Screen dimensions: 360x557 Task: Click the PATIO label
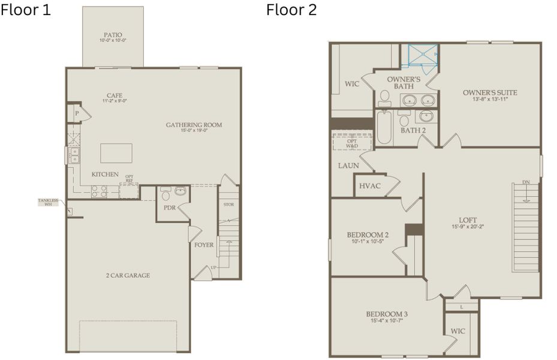click(112, 35)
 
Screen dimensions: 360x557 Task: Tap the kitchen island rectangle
click(116, 153)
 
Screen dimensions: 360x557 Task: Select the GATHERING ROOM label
click(194, 125)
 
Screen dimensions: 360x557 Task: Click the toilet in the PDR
click(166, 194)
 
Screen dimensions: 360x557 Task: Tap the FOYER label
click(204, 245)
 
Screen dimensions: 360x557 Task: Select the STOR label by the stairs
click(228, 205)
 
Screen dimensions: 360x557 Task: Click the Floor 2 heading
click(291, 10)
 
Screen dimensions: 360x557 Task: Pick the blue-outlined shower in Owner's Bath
click(423, 55)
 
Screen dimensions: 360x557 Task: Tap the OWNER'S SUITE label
click(489, 92)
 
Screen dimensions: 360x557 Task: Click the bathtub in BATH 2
click(384, 127)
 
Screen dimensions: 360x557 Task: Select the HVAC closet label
click(370, 186)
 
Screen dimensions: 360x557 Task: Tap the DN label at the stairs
click(526, 182)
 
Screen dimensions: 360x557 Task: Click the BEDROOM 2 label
click(368, 235)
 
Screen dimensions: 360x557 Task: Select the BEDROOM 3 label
click(387, 314)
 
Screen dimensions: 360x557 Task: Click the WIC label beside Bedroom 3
click(457, 331)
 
